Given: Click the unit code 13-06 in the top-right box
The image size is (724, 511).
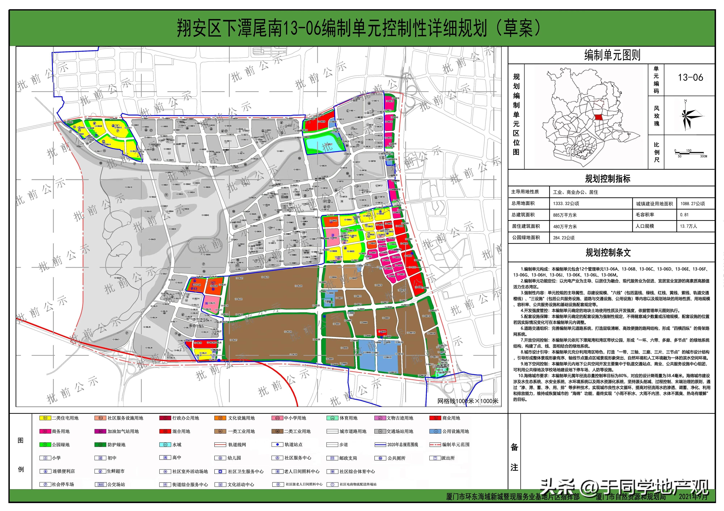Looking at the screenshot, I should point(690,77).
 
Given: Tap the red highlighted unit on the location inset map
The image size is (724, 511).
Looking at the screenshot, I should point(598,117).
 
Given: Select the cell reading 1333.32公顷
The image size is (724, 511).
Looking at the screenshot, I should point(566,203).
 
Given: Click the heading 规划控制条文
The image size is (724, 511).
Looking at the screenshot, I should point(608,253).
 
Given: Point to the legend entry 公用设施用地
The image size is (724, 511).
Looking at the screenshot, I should point(455,431).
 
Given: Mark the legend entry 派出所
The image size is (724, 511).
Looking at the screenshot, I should point(448,458).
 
